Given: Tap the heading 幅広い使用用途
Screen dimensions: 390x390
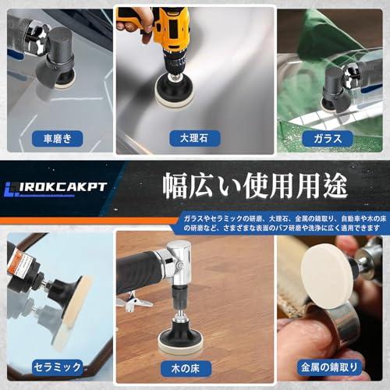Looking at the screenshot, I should click(x=254, y=188).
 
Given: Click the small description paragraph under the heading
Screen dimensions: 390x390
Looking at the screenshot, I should click(x=282, y=222).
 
